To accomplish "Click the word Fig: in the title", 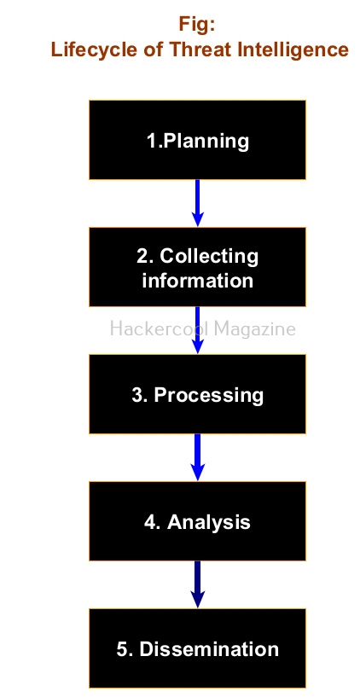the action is (x=197, y=25).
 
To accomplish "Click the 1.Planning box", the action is (x=197, y=140).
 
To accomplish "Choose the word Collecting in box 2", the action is (x=208, y=257).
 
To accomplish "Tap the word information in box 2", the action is (x=197, y=281).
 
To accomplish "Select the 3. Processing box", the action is (x=197, y=394).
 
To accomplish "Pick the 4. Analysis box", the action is (x=197, y=521).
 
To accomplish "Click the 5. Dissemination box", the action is (x=197, y=648).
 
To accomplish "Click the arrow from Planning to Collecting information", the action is (x=197, y=204).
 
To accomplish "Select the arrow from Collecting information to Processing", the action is (x=197, y=330).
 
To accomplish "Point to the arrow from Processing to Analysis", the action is (x=197, y=457).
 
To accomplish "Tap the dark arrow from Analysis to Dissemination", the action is (x=197, y=584).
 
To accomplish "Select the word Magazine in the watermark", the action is (x=255, y=330).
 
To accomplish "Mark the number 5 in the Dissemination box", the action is (x=122, y=649).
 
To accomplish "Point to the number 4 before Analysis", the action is (x=150, y=522).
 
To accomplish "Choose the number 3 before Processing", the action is (x=137, y=395).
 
